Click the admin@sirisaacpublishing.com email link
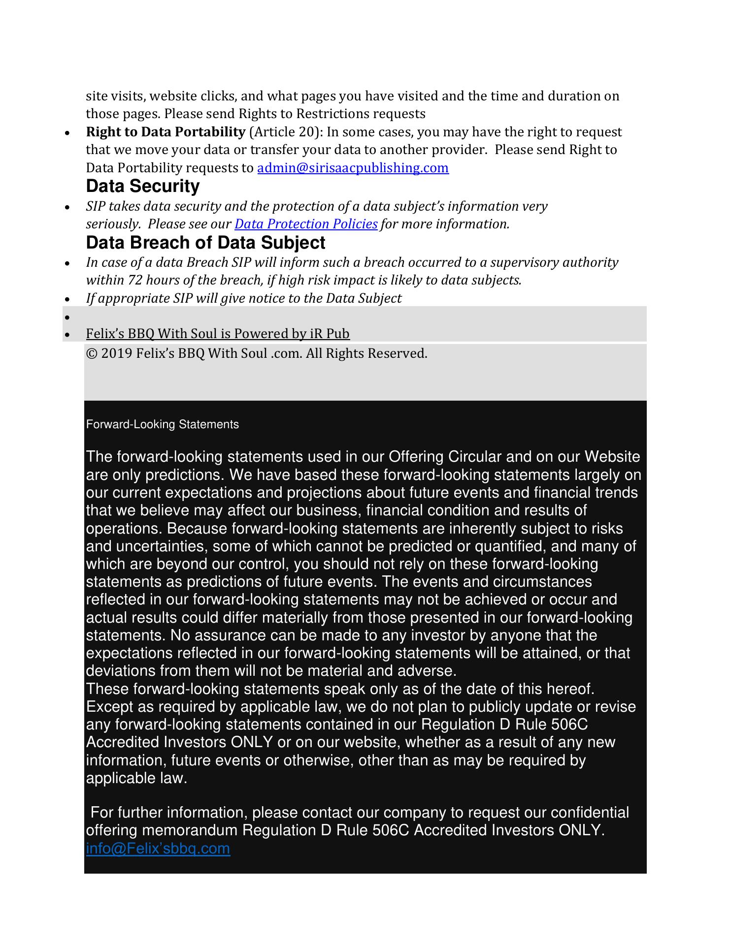tap(353, 168)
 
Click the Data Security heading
tap(143, 186)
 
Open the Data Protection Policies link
tap(306, 224)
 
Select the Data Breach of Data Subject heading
tap(205, 243)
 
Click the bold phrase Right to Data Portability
tap(166, 132)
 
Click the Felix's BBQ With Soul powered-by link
tap(218, 334)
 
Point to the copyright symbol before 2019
tap(91, 353)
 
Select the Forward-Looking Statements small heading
tap(162, 424)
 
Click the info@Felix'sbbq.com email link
tap(158, 848)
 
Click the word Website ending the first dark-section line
tap(612, 457)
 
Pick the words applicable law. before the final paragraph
tap(136, 778)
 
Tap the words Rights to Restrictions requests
tap(332, 114)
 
